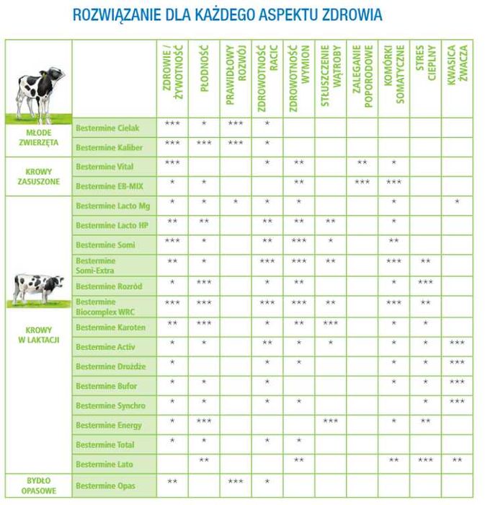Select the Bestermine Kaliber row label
(110, 147)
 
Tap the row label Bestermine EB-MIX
(110, 186)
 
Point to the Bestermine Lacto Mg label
(112, 206)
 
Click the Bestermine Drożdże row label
(110, 366)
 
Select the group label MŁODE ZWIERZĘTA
(37, 138)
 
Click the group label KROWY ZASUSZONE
(37, 177)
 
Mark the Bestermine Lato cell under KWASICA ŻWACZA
(457, 460)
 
